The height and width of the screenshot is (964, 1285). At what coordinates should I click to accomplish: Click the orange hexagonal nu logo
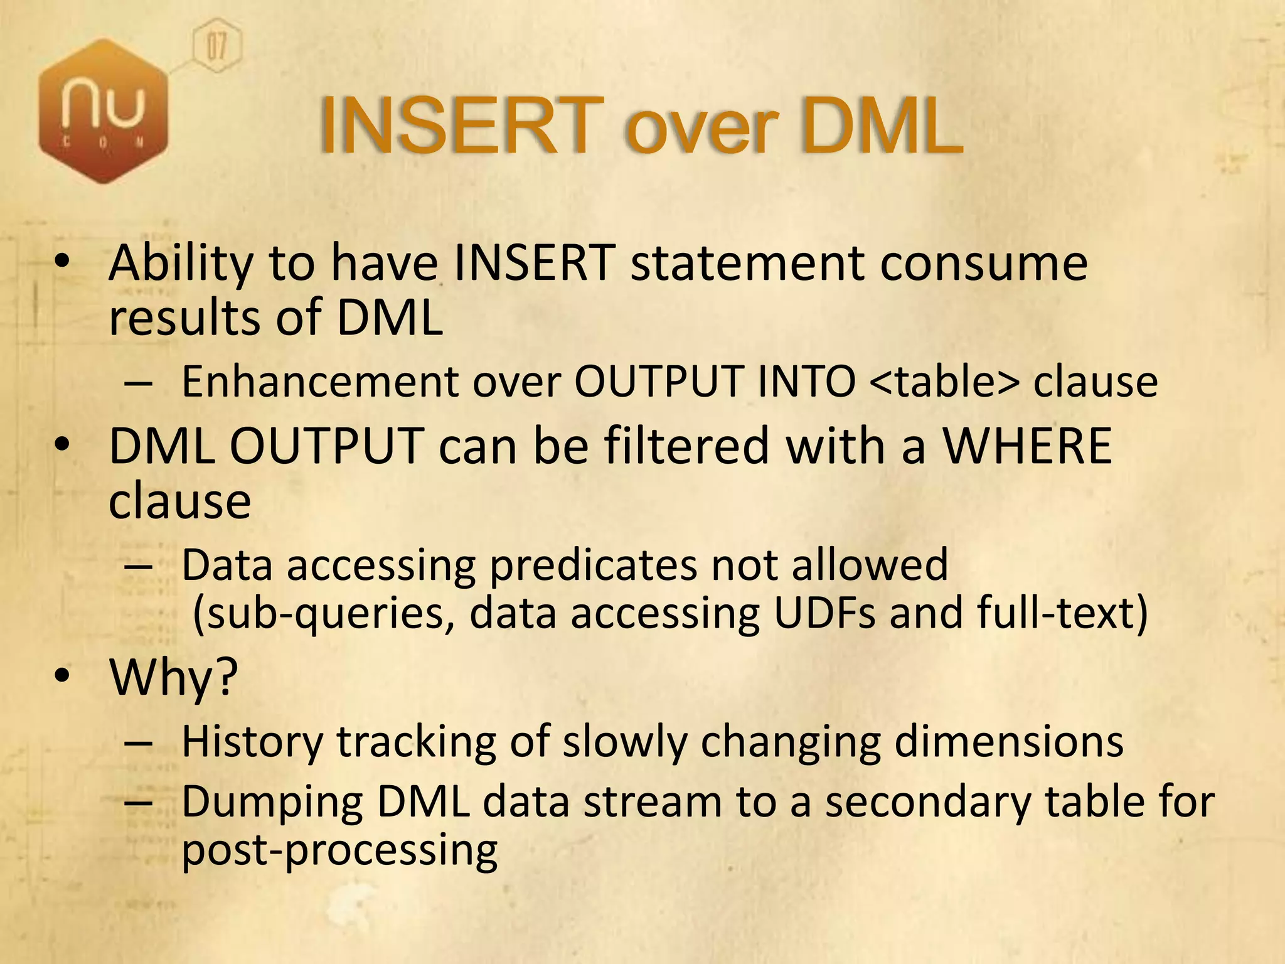pos(104,112)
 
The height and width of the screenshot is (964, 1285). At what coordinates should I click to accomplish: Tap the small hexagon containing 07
pos(216,46)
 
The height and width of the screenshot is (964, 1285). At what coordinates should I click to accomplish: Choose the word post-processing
pos(339,850)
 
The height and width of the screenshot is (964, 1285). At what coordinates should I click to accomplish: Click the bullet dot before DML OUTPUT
pos(62,444)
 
